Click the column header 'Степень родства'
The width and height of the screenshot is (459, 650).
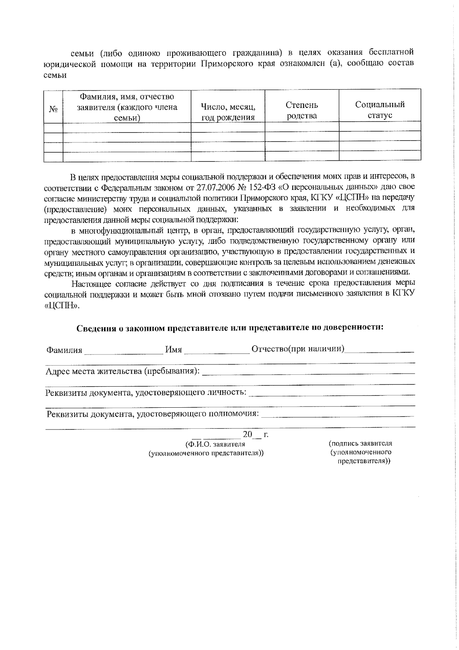[x=302, y=110]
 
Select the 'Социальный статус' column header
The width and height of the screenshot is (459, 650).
[x=380, y=110]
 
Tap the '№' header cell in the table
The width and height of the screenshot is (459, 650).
[x=53, y=110]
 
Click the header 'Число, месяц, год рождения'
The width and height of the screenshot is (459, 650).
[x=228, y=112]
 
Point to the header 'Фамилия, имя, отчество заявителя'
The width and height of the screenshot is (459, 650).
[x=127, y=107]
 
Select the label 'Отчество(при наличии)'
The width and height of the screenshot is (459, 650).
[x=298, y=349]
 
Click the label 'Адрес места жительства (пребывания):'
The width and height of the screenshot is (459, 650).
[x=122, y=371]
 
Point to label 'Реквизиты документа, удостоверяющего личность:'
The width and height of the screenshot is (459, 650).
[x=146, y=393]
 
